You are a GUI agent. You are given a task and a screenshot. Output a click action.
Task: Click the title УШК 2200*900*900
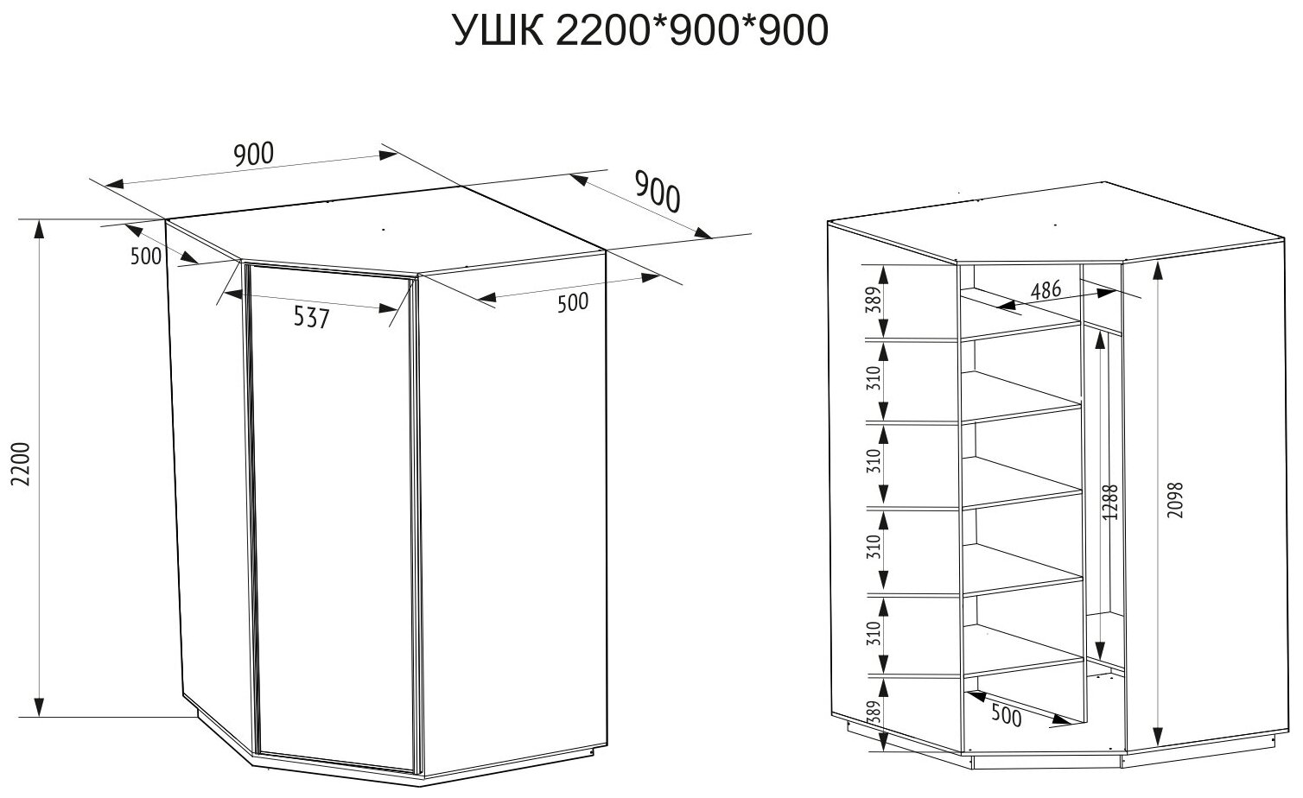click(640, 32)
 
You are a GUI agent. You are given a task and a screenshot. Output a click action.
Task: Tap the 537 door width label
click(311, 319)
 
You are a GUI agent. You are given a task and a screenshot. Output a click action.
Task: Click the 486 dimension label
click(1046, 290)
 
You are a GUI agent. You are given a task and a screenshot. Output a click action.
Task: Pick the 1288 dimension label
click(1111, 502)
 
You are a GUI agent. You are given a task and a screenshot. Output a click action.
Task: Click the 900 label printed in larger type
click(658, 192)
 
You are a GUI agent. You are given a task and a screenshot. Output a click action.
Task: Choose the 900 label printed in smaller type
click(254, 155)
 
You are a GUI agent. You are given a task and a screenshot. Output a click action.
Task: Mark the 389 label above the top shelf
click(874, 301)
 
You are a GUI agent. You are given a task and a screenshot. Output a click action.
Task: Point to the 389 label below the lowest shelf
click(874, 712)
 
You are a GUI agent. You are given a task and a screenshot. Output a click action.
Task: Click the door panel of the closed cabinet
click(328, 518)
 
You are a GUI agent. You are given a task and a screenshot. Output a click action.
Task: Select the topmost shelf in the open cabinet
click(1020, 331)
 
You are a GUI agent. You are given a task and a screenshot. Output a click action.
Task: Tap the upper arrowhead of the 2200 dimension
click(39, 227)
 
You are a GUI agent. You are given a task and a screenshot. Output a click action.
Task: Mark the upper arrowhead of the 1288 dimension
click(1100, 340)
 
